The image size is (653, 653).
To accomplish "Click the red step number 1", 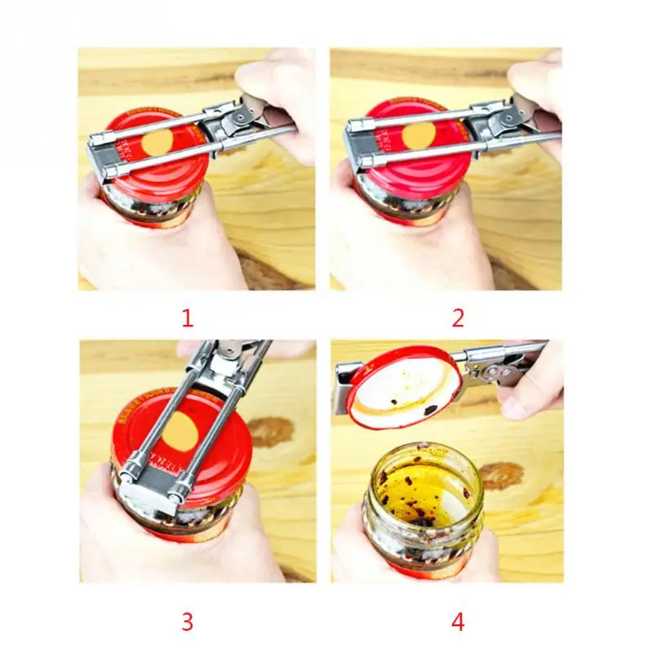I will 187,317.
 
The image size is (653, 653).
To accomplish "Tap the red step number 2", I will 458,317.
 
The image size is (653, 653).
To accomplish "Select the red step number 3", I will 187,622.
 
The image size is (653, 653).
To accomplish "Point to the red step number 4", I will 458,622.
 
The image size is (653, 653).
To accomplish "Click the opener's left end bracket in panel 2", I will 356,139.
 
